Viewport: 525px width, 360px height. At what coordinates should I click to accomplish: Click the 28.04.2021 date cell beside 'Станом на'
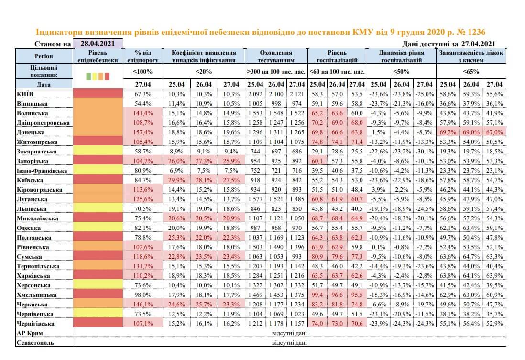click(98, 44)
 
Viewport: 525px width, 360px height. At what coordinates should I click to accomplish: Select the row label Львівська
click(32, 209)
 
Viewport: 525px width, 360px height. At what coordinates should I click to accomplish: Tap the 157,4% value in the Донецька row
click(143, 132)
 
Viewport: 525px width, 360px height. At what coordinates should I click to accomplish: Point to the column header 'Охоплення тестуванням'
click(276, 56)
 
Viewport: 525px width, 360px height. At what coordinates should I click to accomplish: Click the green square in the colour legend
click(88, 76)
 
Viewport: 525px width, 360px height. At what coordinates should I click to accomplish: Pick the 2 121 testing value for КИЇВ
click(297, 94)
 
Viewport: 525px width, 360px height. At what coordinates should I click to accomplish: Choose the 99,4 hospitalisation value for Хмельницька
click(317, 295)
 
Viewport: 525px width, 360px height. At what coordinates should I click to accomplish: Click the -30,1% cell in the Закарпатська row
click(425, 152)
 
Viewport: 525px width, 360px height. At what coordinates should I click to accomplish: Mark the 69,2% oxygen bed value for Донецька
click(448, 132)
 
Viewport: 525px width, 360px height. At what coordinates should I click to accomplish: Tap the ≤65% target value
click(471, 71)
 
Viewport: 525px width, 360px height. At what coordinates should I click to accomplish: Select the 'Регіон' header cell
click(44, 56)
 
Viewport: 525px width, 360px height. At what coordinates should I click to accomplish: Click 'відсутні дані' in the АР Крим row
click(289, 333)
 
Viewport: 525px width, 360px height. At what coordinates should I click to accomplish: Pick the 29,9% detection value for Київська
click(176, 180)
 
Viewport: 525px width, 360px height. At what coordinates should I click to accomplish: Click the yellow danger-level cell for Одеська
click(98, 228)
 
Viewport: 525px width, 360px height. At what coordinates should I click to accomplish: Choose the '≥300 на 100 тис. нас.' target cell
click(276, 71)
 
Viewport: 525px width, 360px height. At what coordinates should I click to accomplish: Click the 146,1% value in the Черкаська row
click(143, 305)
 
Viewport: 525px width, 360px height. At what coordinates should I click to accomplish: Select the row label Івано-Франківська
click(42, 171)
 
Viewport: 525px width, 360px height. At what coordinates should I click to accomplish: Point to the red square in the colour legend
click(107, 76)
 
